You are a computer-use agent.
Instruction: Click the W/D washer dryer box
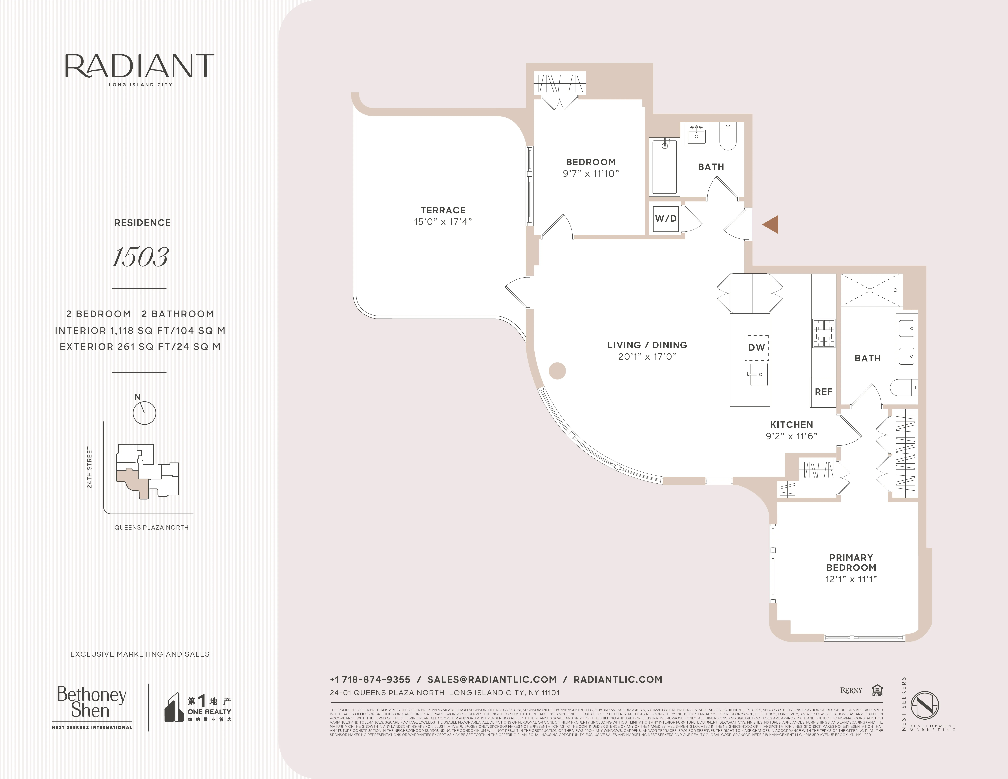tap(666, 219)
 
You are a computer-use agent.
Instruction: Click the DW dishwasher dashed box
tap(756, 347)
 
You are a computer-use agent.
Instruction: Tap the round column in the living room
tap(557, 371)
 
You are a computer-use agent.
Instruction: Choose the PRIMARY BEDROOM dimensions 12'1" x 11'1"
tap(851, 579)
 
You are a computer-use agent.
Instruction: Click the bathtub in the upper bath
tap(665, 167)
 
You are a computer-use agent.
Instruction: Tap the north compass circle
tap(144, 413)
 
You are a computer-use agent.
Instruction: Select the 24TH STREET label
tap(89, 467)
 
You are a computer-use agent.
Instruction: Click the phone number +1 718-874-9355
tap(370, 679)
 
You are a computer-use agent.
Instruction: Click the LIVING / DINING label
tap(647, 345)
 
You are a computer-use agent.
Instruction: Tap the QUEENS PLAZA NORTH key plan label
tap(151, 527)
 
